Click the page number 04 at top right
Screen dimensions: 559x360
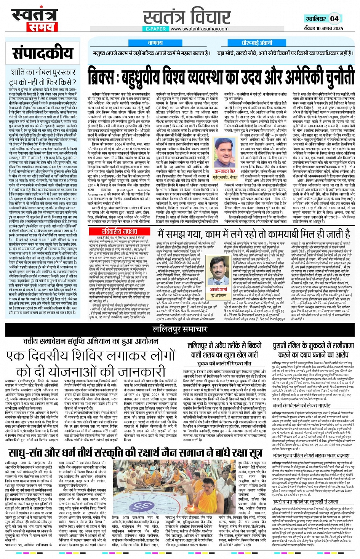point(334,19)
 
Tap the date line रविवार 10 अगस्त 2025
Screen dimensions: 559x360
point(324,28)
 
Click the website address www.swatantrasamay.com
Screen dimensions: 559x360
point(200,29)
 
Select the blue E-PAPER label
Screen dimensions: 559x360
point(156,29)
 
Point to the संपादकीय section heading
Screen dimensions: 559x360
point(42,53)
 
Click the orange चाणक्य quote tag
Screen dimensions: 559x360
point(155,43)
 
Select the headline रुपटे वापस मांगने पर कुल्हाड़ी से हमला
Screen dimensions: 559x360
point(305,502)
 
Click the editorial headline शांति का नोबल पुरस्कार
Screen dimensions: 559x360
point(43,72)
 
